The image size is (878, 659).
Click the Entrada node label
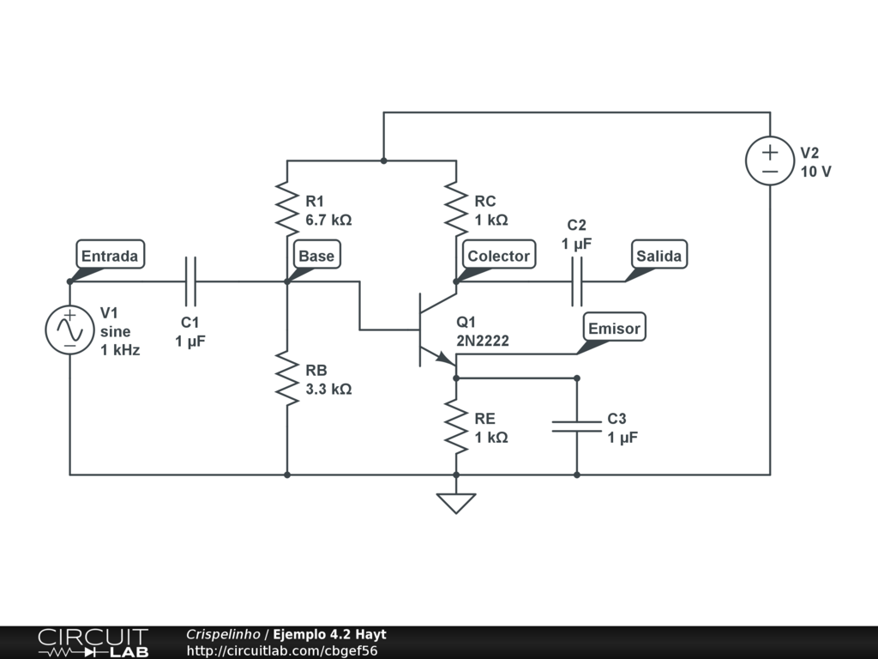[111, 255]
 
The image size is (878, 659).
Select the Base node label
[317, 255]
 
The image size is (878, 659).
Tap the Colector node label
[499, 255]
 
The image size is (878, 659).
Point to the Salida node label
[659, 255]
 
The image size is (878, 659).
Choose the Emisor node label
[614, 327]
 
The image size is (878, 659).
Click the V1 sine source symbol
[70, 330]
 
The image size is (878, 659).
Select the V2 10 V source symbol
[770, 160]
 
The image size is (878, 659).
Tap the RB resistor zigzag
[287, 378]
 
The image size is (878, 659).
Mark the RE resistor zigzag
[456, 426]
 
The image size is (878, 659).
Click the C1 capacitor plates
[191, 281]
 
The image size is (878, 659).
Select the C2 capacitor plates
[577, 281]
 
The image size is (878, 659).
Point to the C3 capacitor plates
[577, 426]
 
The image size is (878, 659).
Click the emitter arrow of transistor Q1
[445, 358]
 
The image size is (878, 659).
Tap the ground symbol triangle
[456, 503]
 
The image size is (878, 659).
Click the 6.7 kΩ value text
[328, 220]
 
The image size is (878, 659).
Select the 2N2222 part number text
[483, 341]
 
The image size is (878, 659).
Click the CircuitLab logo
[93, 643]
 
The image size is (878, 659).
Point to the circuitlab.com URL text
[281, 650]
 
